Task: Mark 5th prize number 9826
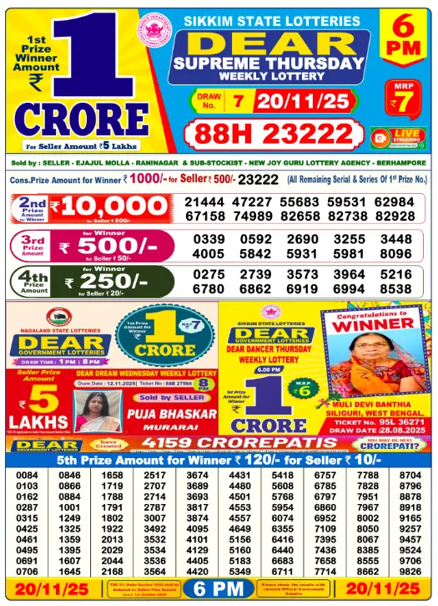click(410, 571)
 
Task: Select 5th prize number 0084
click(27, 475)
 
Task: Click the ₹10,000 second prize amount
click(109, 207)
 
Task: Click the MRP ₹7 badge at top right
click(404, 97)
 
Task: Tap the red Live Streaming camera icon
click(380, 136)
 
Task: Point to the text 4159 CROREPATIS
click(224, 443)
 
